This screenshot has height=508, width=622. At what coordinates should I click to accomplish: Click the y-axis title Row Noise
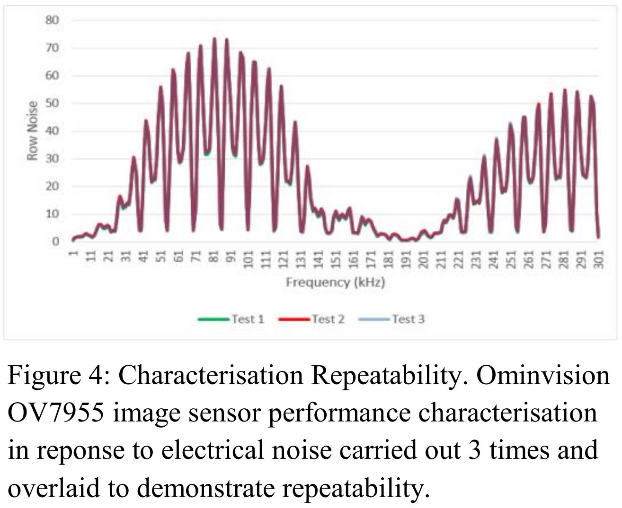[x=32, y=131]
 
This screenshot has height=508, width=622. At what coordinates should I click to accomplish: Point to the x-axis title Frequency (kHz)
[x=335, y=283]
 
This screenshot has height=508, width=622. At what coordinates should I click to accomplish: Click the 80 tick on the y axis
[x=52, y=20]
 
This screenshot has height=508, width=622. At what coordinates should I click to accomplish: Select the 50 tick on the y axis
[x=52, y=103]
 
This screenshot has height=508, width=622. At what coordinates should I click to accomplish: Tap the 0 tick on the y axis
[x=55, y=241]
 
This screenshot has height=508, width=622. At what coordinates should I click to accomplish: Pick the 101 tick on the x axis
[x=249, y=259]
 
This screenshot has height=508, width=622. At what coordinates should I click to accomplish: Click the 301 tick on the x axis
[x=599, y=259]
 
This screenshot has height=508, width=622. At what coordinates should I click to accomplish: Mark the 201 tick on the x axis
[x=424, y=259]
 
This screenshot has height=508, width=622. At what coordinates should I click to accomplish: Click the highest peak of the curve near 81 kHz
[x=214, y=39]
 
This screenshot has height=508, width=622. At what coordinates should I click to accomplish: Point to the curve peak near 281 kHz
[x=565, y=90]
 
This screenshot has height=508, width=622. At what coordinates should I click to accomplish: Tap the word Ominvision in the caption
[x=543, y=376]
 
